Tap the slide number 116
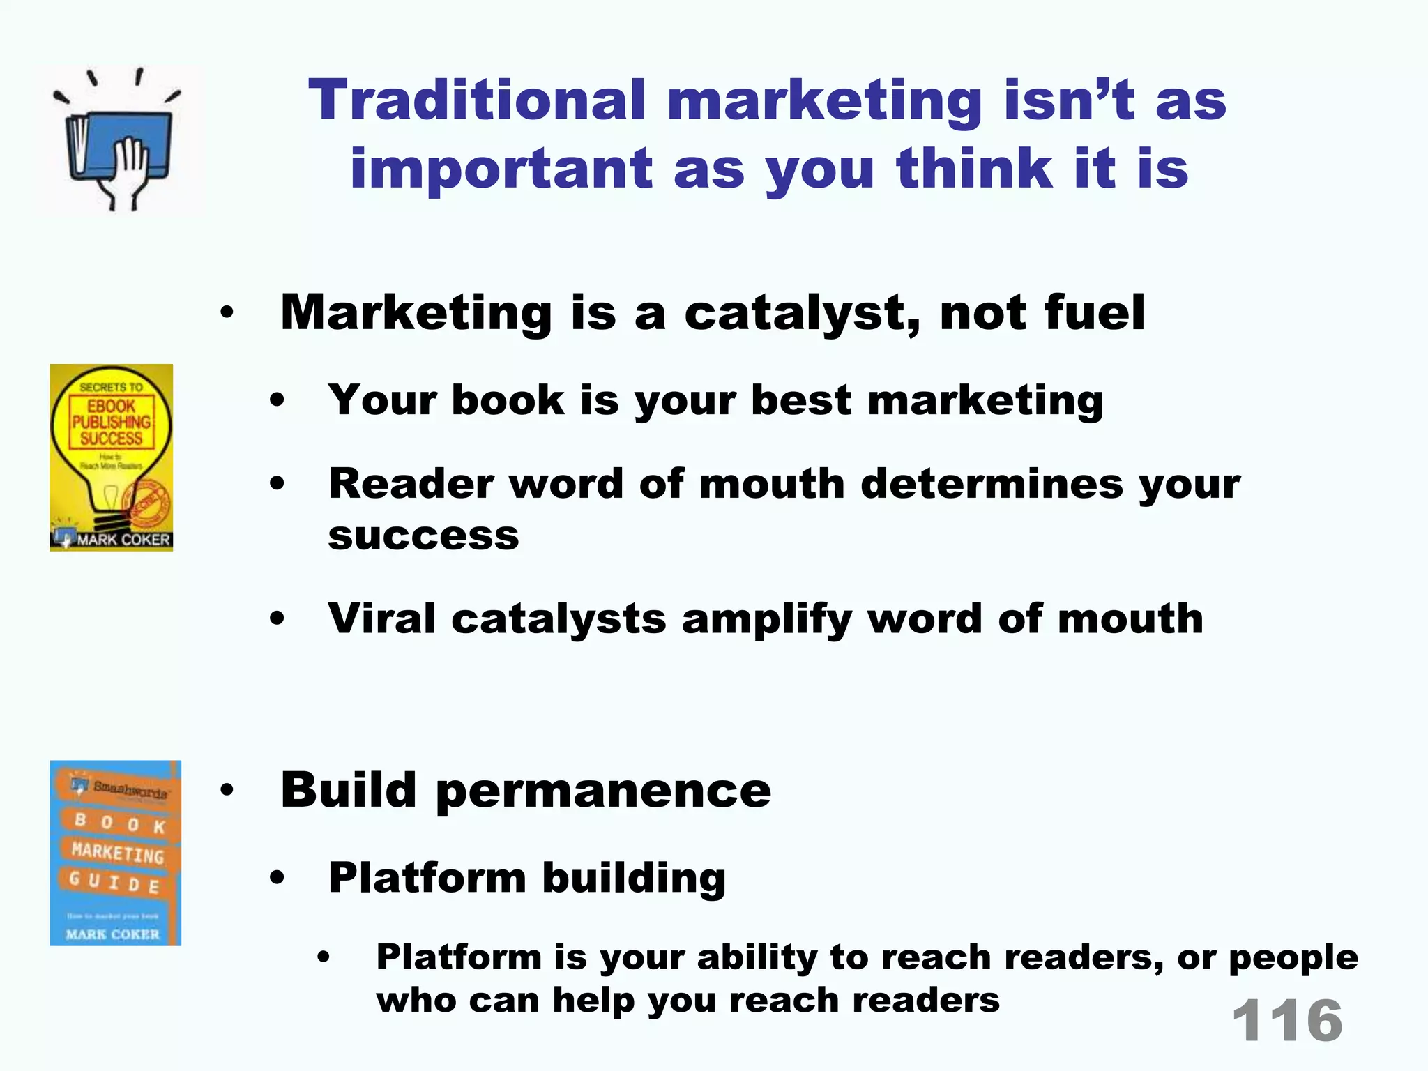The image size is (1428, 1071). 1287,1021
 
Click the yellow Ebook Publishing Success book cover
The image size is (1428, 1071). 112,457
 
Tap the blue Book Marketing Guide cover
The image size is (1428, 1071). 115,853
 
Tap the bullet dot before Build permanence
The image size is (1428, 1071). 227,791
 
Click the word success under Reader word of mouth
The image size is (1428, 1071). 423,536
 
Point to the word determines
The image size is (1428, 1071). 992,484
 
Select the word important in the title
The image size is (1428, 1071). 501,169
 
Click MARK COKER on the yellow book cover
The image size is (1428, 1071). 123,540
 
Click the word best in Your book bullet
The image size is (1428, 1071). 801,401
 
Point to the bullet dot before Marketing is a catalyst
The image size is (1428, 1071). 227,313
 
